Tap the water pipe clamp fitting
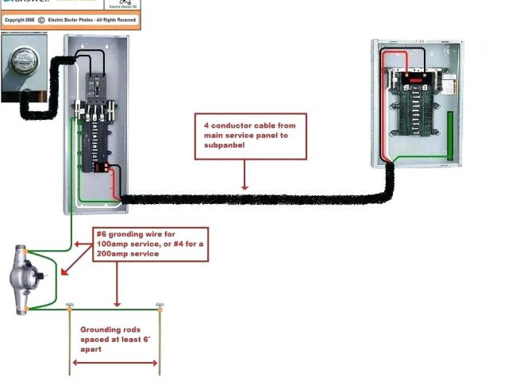22,279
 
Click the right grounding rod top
160,306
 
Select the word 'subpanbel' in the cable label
225,144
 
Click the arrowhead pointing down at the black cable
245,187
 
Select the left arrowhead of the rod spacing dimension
75,364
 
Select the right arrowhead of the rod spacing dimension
156,364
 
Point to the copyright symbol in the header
41,18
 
